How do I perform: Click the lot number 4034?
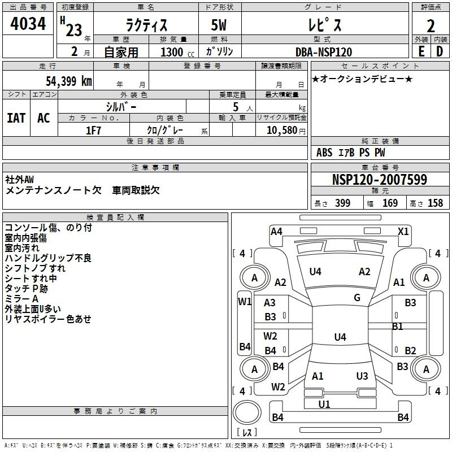(x=28, y=24)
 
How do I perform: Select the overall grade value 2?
(x=431, y=26)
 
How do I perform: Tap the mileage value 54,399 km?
(x=69, y=81)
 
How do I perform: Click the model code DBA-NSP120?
(x=324, y=52)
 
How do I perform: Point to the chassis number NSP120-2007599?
(x=380, y=180)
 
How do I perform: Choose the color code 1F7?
(x=93, y=131)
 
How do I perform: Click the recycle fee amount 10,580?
(x=282, y=131)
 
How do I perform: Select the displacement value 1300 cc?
(x=177, y=52)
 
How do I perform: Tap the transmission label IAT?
(x=16, y=118)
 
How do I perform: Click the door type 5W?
(x=219, y=25)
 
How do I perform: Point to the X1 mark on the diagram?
(x=403, y=232)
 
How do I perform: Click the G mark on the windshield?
(x=357, y=298)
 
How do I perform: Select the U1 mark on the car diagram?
(x=324, y=404)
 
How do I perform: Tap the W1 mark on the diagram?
(x=245, y=302)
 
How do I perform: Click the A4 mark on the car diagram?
(x=276, y=232)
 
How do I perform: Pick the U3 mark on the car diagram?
(x=362, y=376)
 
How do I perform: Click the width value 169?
(x=390, y=203)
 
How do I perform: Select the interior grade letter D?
(x=440, y=51)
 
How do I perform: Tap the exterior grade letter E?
(x=421, y=51)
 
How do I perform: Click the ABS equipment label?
(x=324, y=153)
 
